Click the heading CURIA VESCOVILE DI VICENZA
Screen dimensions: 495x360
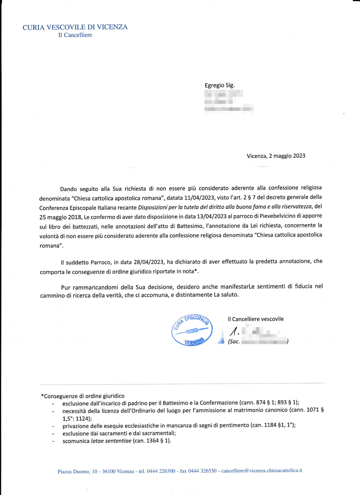pos(75,27)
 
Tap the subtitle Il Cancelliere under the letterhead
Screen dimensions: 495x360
pos(75,35)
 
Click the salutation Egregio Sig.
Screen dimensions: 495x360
pos(219,85)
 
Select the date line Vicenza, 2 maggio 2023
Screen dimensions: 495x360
pos(276,156)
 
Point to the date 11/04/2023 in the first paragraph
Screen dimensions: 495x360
pos(199,198)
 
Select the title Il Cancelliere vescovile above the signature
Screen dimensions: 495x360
pos(256,319)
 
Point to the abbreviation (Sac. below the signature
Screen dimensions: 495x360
pos(234,341)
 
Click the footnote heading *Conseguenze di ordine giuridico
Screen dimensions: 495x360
pos(83,396)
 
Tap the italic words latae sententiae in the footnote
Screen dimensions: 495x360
pos(111,441)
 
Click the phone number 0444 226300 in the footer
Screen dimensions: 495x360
pos(161,471)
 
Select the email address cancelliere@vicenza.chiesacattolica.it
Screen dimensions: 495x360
pos(261,471)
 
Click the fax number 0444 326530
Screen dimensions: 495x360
pos(202,471)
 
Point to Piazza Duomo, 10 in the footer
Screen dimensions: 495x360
pos(77,471)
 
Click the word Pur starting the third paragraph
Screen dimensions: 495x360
pos(66,287)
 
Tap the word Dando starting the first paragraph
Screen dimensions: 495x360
pos(69,189)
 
